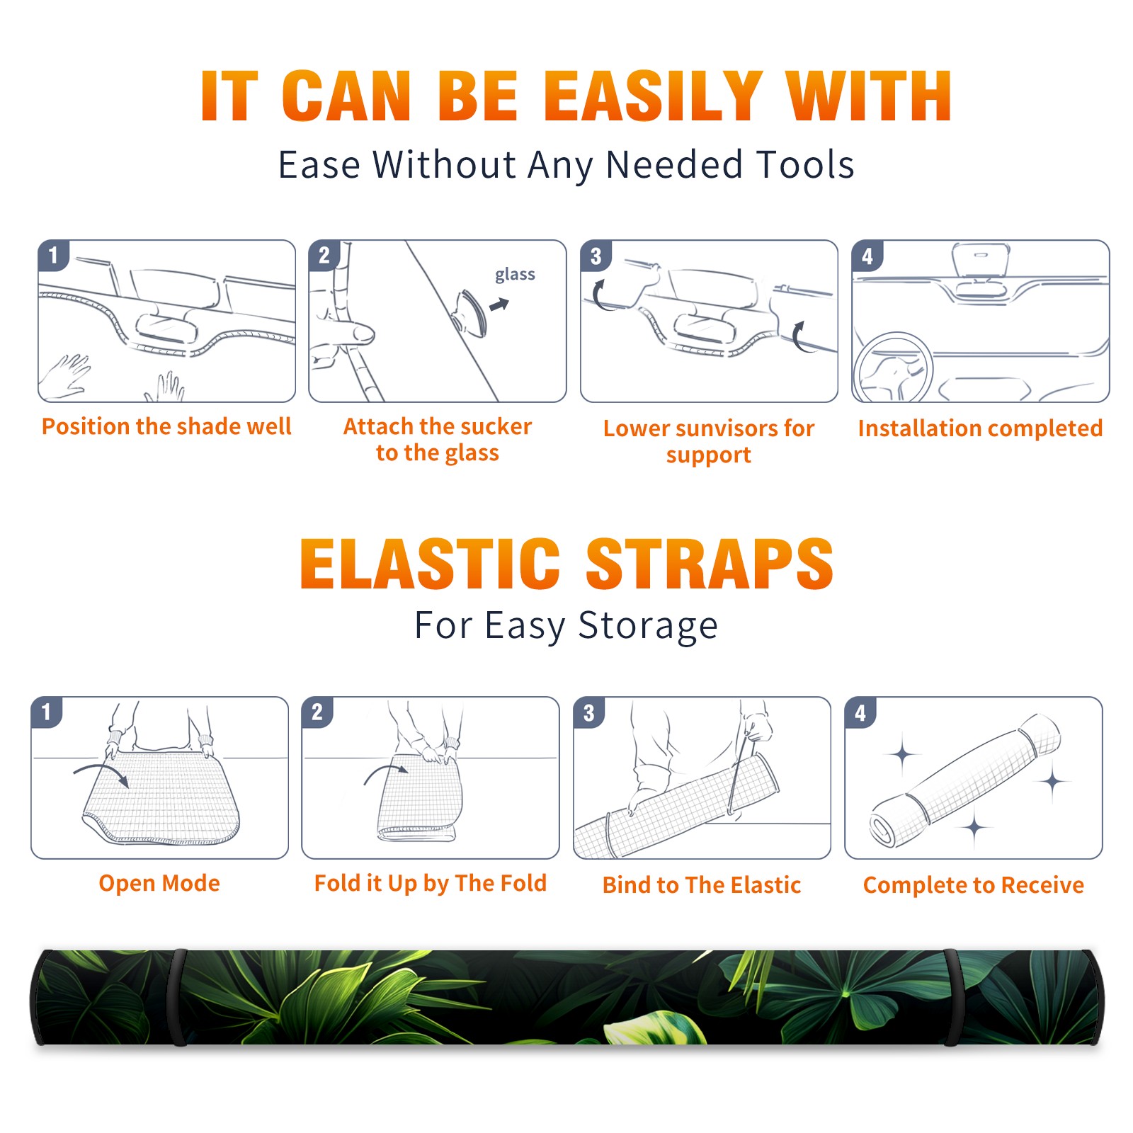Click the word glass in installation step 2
point(515,275)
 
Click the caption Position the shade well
point(166,426)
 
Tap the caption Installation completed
point(980,428)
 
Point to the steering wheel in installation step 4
point(893,368)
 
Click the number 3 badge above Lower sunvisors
point(596,256)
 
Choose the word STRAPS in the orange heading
point(710,564)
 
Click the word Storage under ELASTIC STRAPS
point(648,626)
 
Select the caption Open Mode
point(159,883)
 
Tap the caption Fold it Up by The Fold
point(431,883)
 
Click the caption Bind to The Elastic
point(702,885)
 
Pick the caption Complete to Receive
point(974,885)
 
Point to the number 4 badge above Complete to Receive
point(860,712)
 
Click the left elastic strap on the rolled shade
point(178,998)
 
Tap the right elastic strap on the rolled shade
point(952,998)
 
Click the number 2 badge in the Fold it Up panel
point(317,712)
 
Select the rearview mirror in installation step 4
point(981,260)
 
